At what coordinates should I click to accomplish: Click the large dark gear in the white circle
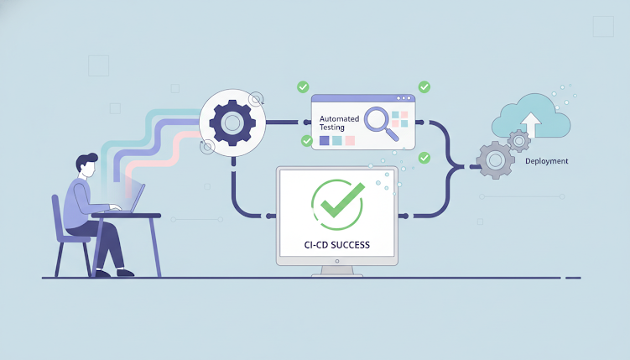tap(232, 123)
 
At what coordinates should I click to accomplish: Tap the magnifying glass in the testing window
tap(380, 123)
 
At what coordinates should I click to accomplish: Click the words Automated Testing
tap(339, 123)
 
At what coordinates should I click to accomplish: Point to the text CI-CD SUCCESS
tap(336, 245)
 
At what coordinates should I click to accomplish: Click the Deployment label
tap(546, 161)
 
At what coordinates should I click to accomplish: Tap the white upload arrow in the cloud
tap(531, 123)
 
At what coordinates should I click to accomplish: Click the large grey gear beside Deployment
tap(496, 160)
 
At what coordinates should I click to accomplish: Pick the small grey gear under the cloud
tap(519, 141)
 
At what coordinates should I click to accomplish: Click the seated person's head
tap(86, 164)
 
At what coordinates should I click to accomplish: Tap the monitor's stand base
tap(336, 274)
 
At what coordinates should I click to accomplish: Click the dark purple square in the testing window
tap(325, 140)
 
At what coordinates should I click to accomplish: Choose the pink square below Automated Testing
tap(350, 140)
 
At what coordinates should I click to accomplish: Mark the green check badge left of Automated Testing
tap(307, 141)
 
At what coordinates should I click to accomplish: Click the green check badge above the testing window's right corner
tap(424, 86)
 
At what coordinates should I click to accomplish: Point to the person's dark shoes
tap(115, 274)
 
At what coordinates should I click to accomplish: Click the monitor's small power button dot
tap(337, 261)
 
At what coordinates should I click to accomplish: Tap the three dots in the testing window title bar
tap(404, 98)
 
